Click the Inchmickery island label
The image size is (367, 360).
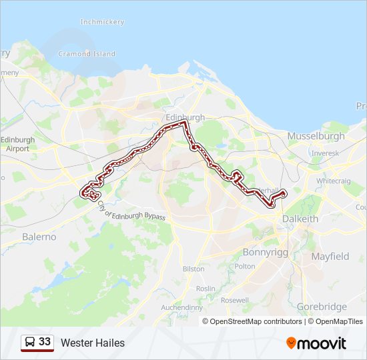click(x=102, y=22)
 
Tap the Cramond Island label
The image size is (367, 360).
click(x=87, y=54)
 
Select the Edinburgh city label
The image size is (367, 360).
click(x=186, y=117)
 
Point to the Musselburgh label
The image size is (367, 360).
click(x=316, y=136)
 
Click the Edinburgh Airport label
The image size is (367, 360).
click(x=17, y=144)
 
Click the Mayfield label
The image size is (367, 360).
click(x=330, y=256)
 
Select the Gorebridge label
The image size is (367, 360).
click(x=322, y=307)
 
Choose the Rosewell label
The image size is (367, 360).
click(x=234, y=301)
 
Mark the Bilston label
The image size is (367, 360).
click(x=194, y=269)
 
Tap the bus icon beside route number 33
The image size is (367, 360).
click(x=30, y=342)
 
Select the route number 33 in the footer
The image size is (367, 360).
click(x=45, y=342)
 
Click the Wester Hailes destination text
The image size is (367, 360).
click(x=93, y=343)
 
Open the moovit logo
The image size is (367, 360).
click(x=316, y=343)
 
